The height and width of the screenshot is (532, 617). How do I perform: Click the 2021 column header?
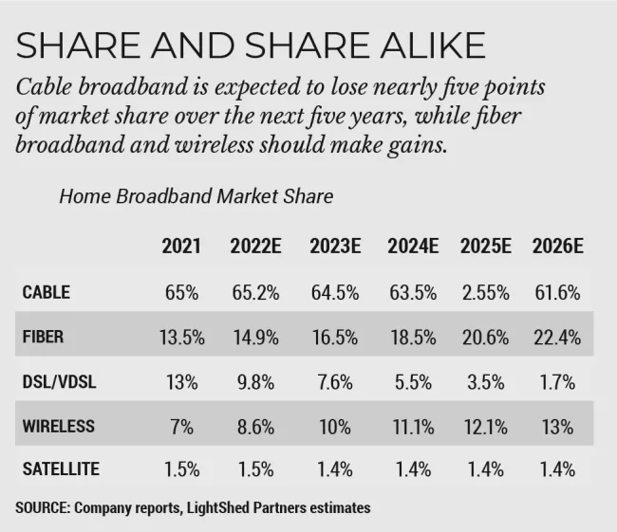point(181,247)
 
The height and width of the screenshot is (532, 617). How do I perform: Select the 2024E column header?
point(413,247)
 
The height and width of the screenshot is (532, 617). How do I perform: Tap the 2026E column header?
point(557,247)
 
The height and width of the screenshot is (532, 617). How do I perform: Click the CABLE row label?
point(47,292)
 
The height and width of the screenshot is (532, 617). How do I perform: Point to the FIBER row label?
point(43,337)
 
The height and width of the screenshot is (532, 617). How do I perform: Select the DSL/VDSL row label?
point(59,382)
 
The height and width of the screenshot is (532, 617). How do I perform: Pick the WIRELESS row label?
point(58,426)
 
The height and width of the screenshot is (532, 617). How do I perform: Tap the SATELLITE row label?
point(61,469)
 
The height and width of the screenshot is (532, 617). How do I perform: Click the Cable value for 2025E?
point(486,293)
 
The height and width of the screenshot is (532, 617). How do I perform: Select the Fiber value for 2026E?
point(557,338)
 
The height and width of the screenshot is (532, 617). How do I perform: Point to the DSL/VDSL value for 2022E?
point(255,382)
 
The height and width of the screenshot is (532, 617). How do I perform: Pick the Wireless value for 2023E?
point(335,427)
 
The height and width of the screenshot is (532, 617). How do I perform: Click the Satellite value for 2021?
point(182,469)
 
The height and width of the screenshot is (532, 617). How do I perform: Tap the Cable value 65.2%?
point(255,293)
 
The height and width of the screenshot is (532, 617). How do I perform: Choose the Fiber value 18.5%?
point(413,338)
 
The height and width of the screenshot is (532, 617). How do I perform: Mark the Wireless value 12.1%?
point(486,427)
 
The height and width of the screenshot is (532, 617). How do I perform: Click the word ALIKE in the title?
point(433,46)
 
